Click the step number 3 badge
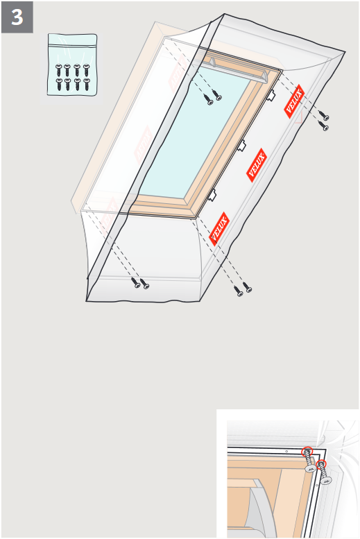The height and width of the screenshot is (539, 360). [17, 17]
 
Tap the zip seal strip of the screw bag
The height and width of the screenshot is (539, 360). [72, 44]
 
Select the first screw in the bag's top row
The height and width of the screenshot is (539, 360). [59, 70]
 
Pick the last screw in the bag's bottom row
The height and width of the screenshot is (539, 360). [87, 84]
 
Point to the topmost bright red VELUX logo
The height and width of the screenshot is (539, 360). [294, 101]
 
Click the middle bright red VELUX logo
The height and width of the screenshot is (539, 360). [257, 165]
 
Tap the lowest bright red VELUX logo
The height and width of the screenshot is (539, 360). [219, 229]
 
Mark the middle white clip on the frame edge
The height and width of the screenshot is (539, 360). [241, 146]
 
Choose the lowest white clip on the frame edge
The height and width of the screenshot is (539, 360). [212, 195]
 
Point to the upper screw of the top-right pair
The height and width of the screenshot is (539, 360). [323, 116]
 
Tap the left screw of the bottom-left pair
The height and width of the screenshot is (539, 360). [136, 283]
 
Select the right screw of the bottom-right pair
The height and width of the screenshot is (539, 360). [247, 287]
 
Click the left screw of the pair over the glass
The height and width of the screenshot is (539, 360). [208, 100]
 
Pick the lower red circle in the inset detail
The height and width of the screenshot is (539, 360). [321, 465]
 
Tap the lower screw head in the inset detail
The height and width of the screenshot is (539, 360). [326, 480]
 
